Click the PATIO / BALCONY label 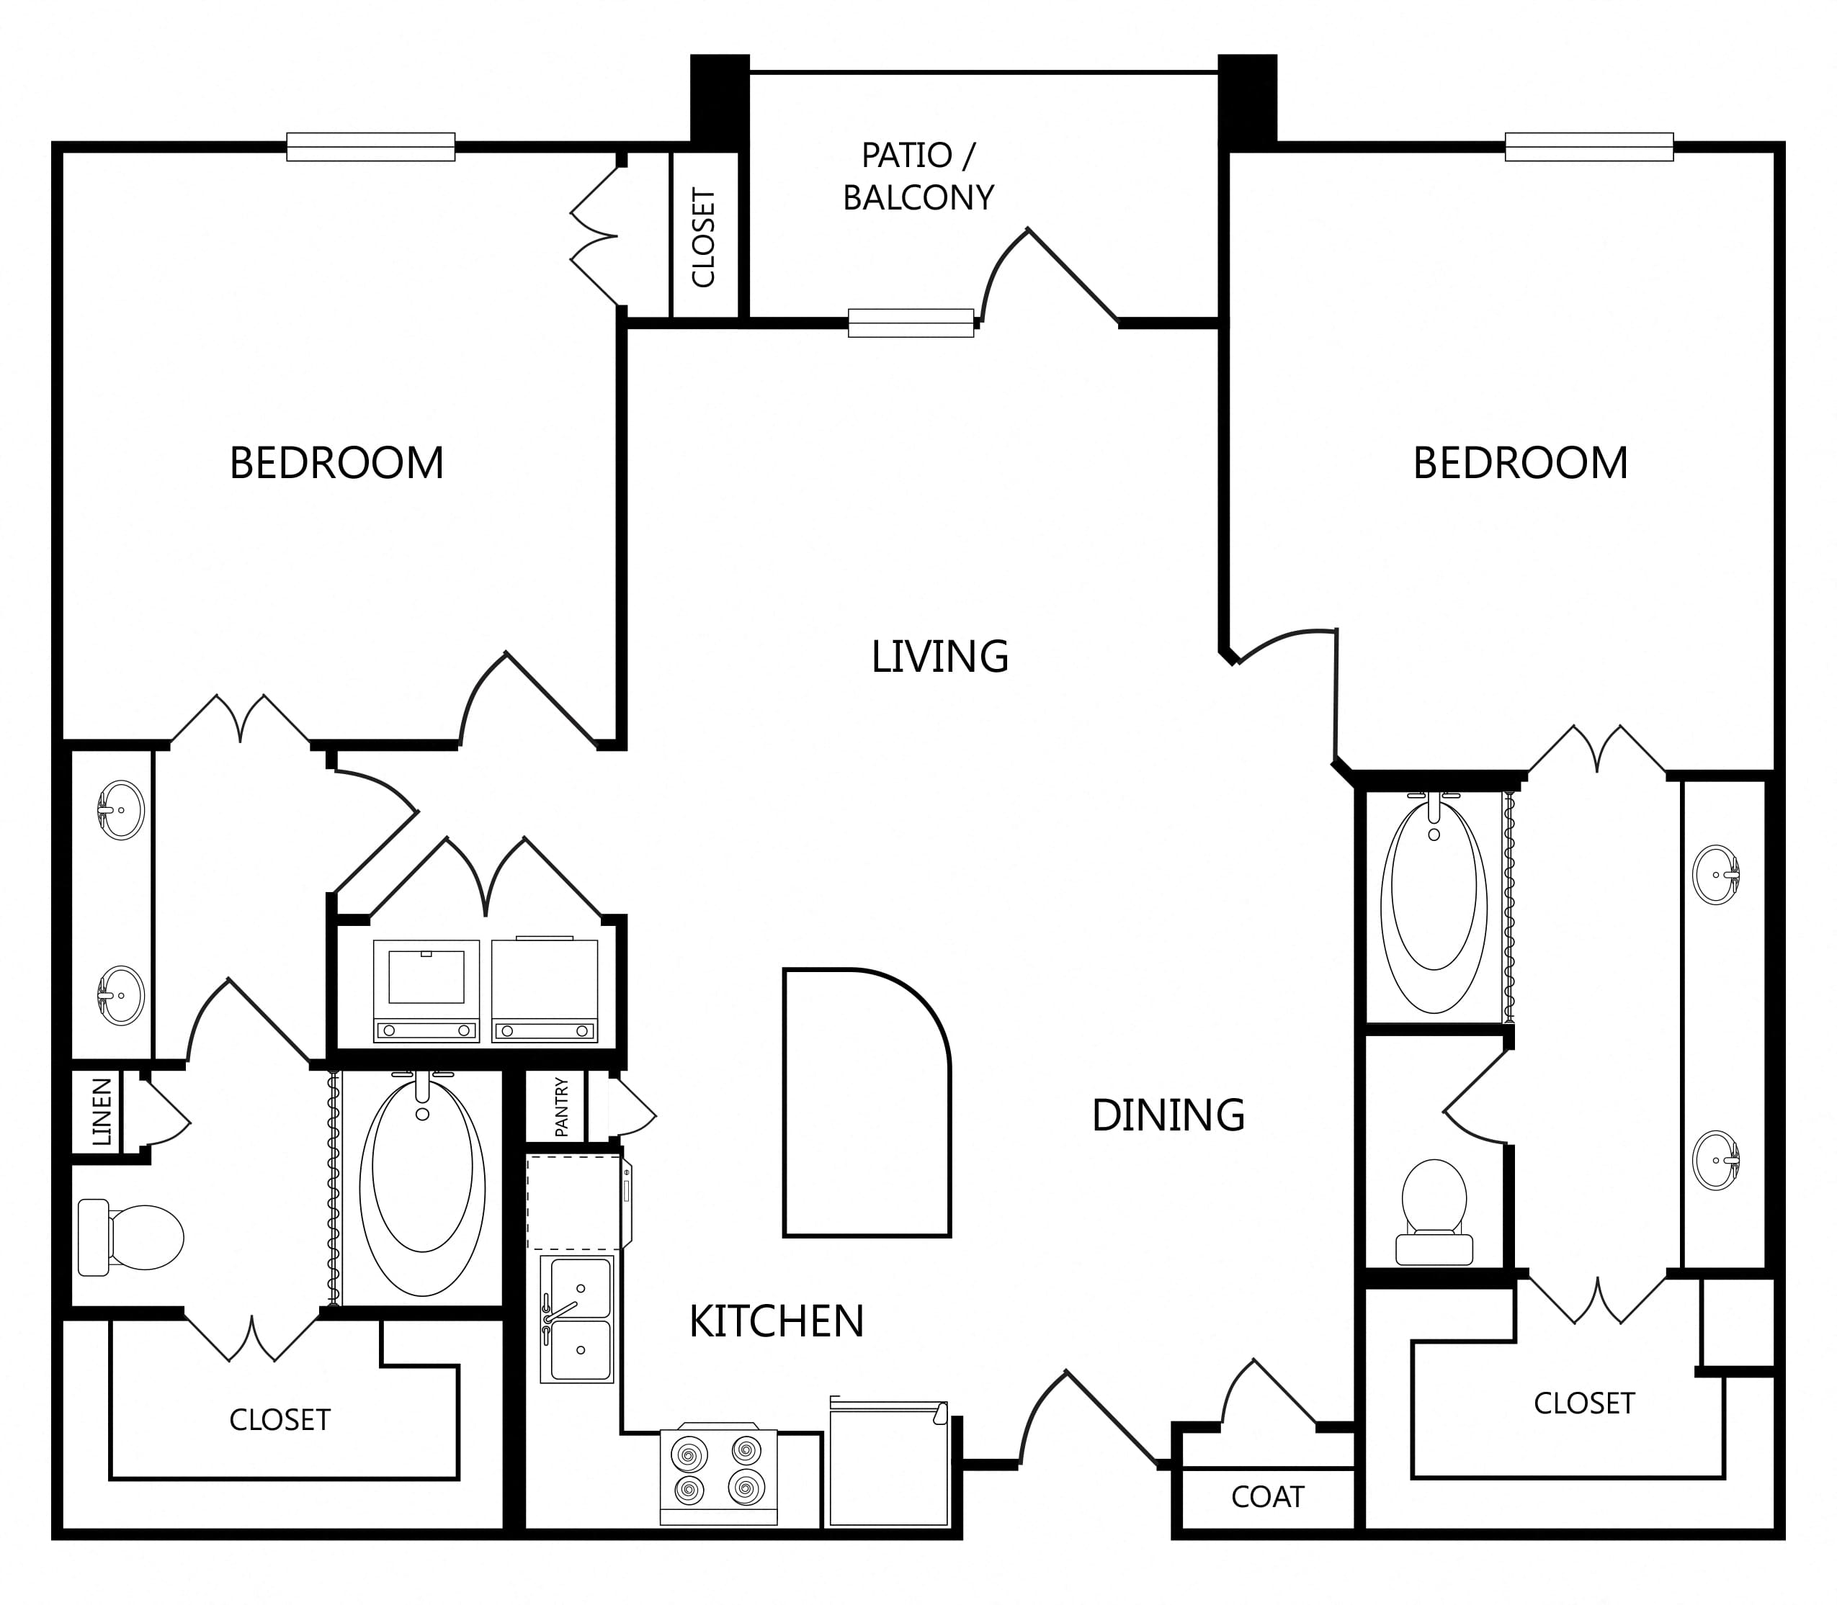click(x=918, y=176)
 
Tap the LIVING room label click(x=940, y=657)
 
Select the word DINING click(x=1168, y=1115)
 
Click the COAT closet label click(x=1267, y=1496)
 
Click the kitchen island click(x=867, y=1102)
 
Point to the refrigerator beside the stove click(x=889, y=1462)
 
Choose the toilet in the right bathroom click(x=1434, y=1212)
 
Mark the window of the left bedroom click(x=371, y=147)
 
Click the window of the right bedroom click(x=1588, y=147)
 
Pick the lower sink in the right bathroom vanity click(x=1716, y=1160)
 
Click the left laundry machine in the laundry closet click(x=426, y=989)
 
